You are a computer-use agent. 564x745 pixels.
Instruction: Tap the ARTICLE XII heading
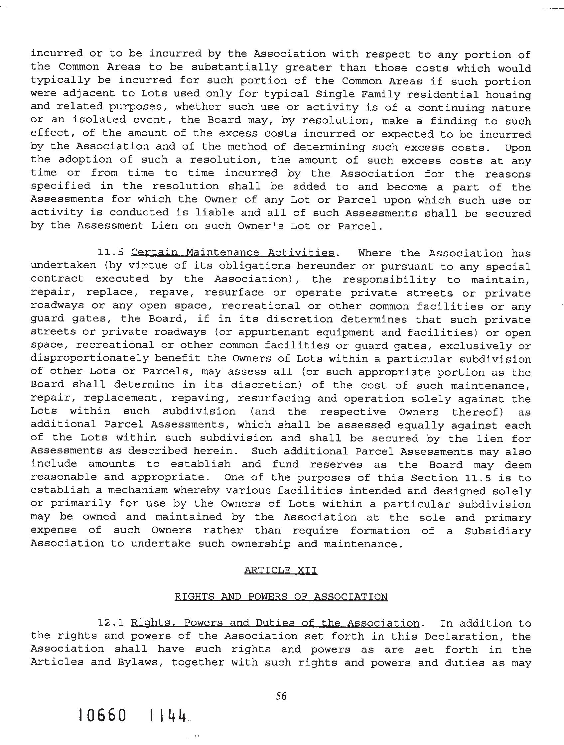click(281, 570)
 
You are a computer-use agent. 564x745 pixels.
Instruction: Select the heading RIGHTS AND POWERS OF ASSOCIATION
click(281, 597)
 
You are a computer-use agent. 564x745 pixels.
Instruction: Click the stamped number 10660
click(102, 724)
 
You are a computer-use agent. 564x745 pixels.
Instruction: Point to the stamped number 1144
click(168, 724)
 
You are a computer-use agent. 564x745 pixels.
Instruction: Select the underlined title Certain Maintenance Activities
click(232, 253)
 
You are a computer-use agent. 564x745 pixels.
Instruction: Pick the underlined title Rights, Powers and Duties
click(275, 623)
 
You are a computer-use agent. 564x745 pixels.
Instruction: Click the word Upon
click(517, 148)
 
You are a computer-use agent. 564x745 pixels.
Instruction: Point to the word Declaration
click(465, 636)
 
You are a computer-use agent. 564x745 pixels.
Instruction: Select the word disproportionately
click(89, 358)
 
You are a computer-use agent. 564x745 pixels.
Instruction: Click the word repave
click(171, 292)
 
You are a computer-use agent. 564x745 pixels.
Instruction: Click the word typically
click(60, 80)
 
